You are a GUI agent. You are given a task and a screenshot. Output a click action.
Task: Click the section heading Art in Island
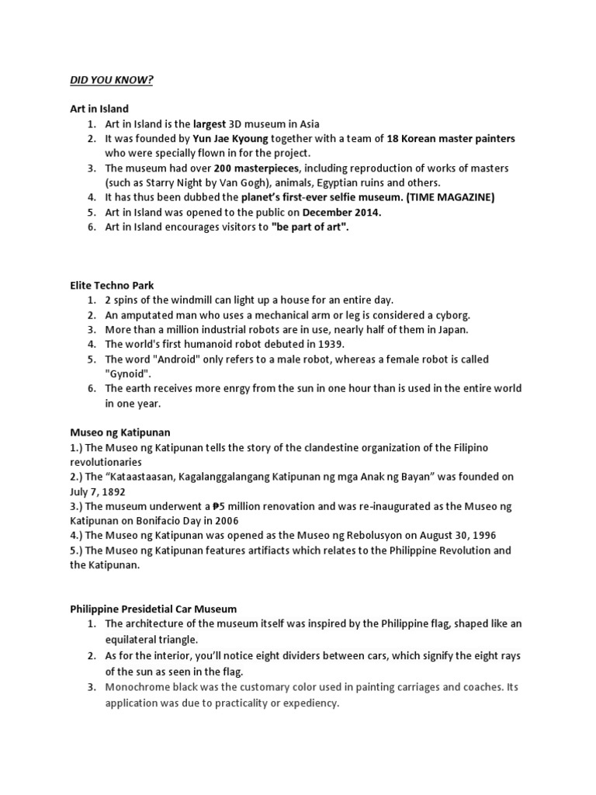click(x=99, y=109)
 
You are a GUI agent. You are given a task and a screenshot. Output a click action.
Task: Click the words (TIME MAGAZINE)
click(x=447, y=197)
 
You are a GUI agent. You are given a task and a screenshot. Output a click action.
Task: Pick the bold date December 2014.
click(x=342, y=212)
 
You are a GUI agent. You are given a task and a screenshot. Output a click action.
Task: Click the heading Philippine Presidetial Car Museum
click(x=154, y=609)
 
